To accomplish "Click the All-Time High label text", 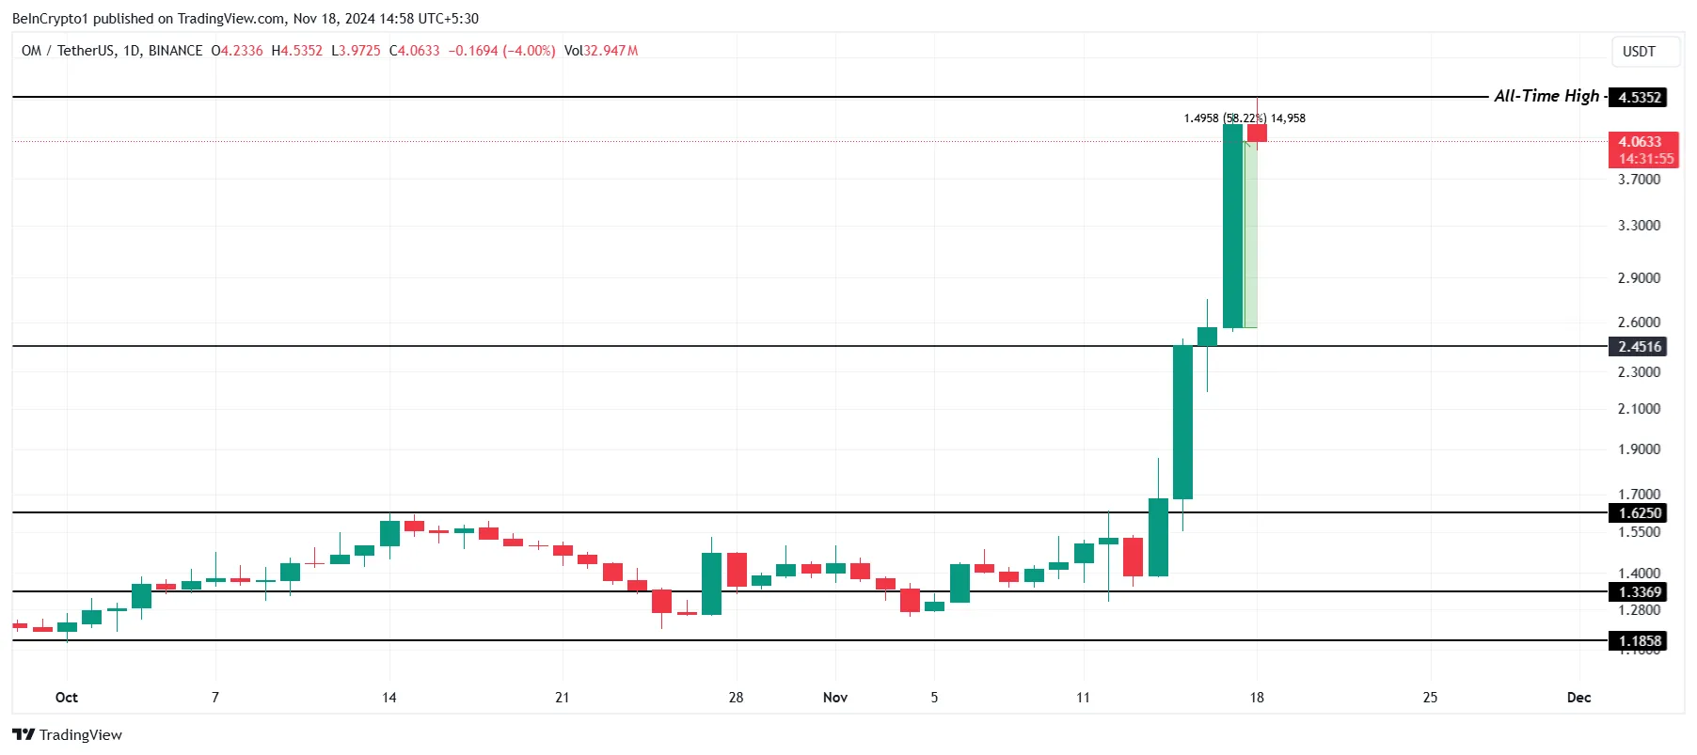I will (x=1546, y=96).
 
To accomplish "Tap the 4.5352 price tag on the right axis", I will (x=1640, y=97).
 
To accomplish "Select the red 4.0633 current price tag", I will (x=1642, y=149).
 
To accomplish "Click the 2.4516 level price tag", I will (x=1639, y=347).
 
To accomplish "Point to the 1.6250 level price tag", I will (x=1639, y=513).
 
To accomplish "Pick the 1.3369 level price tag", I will (x=1639, y=592).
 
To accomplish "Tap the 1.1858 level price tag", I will (x=1639, y=641).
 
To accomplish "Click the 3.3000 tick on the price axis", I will (x=1639, y=226).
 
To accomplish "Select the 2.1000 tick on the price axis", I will (x=1639, y=409).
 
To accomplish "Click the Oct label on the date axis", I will (x=67, y=698).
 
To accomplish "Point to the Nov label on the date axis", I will (x=835, y=698).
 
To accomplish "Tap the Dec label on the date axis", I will (x=1578, y=698).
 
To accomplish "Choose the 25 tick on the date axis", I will (x=1430, y=698).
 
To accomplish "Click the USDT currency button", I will (x=1639, y=52).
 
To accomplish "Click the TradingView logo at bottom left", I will (x=68, y=734).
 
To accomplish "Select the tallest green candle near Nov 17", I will (x=1232, y=226).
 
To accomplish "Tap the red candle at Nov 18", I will (x=1257, y=133).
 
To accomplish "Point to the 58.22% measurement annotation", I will (x=1245, y=118).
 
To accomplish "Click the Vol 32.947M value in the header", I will (x=601, y=51).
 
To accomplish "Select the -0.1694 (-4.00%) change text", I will (x=501, y=51).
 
